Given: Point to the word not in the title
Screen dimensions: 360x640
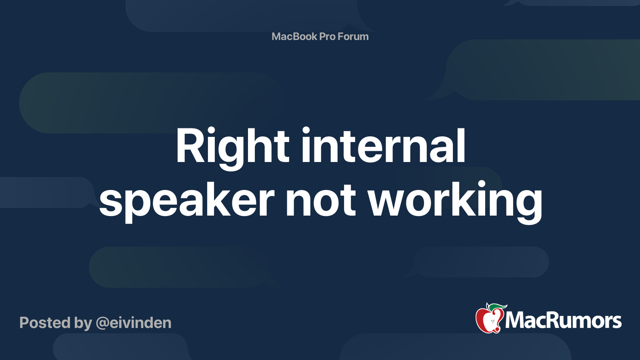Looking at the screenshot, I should click(x=320, y=200).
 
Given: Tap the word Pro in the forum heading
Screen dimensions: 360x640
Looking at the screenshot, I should click(x=327, y=36).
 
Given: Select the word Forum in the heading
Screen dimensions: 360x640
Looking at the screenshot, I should click(x=353, y=36).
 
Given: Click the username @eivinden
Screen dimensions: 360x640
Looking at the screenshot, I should click(x=134, y=323).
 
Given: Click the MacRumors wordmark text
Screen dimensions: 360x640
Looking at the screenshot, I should click(x=563, y=321).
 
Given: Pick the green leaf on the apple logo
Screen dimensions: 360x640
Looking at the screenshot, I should click(x=498, y=307).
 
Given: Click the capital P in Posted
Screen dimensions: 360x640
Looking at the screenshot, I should click(x=25, y=323).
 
